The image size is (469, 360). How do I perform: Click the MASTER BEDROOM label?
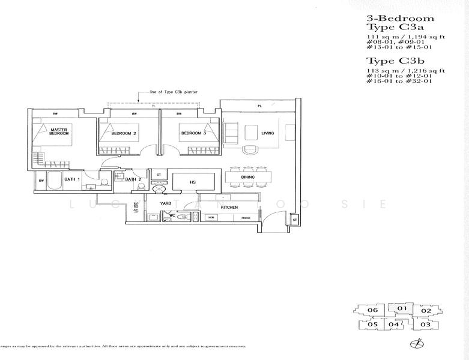(x=59, y=131)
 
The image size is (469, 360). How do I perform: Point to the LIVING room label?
(x=267, y=133)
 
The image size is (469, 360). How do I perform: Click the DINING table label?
(x=247, y=178)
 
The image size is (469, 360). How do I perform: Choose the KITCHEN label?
(x=229, y=207)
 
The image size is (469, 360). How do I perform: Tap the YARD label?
(x=166, y=203)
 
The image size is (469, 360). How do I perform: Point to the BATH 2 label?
(x=133, y=179)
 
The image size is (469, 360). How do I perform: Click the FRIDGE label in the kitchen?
(x=246, y=218)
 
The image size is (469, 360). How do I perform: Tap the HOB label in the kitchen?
(x=211, y=218)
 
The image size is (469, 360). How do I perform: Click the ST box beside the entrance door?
(x=295, y=220)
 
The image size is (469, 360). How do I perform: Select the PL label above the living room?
(x=259, y=106)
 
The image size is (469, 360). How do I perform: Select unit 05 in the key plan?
(x=372, y=325)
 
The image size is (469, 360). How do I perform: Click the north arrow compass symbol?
(x=413, y=344)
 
